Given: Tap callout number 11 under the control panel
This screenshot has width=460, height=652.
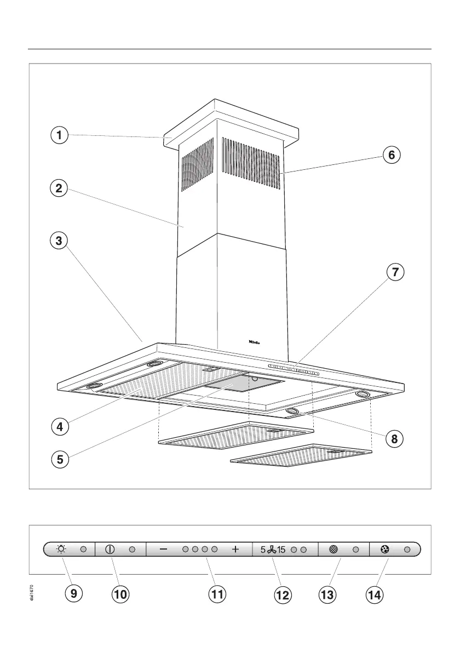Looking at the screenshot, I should [218, 594].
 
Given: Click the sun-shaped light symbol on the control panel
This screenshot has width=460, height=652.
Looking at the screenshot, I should [61, 549].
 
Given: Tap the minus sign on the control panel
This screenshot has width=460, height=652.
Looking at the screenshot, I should [164, 549].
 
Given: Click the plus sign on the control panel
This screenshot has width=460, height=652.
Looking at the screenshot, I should [235, 549].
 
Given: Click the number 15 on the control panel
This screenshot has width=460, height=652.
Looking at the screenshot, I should [281, 549].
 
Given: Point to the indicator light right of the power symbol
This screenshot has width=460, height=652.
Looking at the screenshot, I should [133, 549].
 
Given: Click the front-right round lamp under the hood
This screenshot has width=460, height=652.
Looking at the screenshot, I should [292, 411].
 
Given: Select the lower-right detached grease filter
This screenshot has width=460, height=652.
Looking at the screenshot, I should [301, 455].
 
